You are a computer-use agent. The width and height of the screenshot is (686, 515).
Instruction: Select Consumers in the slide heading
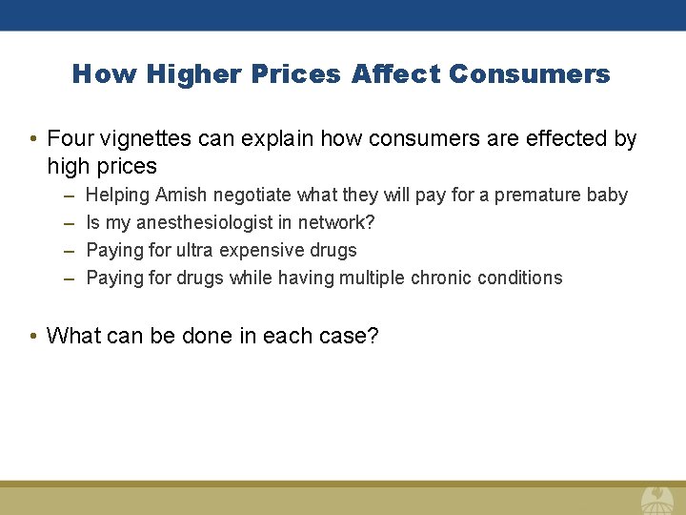[532, 74]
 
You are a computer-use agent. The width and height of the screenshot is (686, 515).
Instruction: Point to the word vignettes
[146, 139]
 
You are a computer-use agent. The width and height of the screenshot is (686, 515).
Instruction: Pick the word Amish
[182, 196]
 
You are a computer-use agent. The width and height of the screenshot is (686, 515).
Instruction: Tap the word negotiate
[252, 196]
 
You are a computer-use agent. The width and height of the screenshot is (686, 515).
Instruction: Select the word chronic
[441, 278]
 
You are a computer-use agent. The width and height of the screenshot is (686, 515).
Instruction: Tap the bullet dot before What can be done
[33, 337]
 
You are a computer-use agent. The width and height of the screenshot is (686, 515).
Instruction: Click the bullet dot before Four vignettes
[33, 140]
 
